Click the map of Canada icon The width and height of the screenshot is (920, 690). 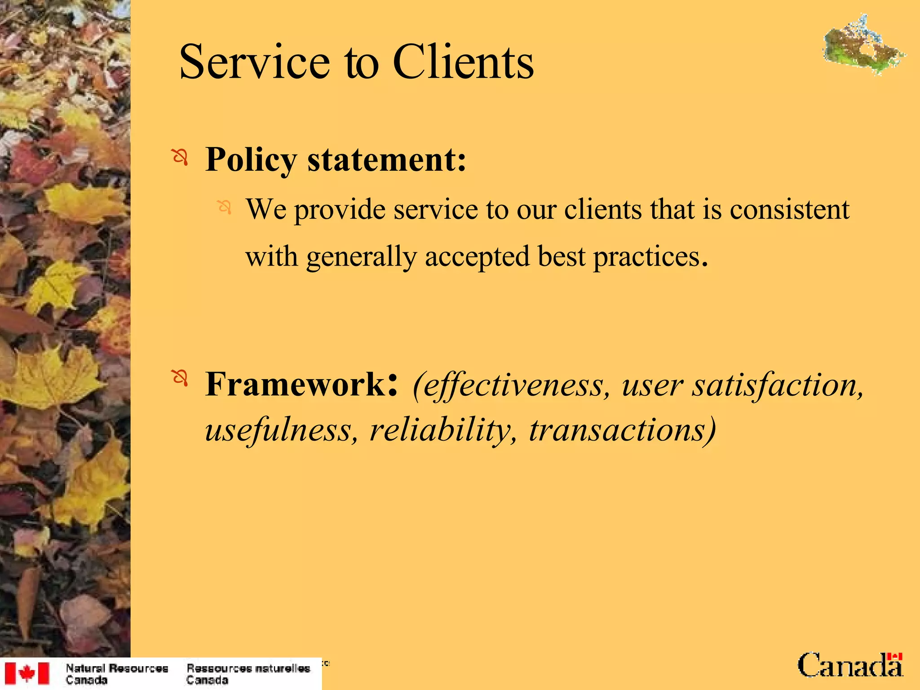tap(863, 45)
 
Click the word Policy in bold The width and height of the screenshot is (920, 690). tap(251, 160)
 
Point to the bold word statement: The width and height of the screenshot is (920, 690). tap(387, 160)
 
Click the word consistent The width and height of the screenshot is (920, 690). tap(789, 209)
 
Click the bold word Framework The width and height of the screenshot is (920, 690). tap(295, 385)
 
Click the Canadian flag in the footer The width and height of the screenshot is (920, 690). tap(27, 673)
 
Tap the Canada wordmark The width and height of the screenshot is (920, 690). tap(849, 665)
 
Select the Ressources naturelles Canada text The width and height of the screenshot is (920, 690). tap(248, 674)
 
